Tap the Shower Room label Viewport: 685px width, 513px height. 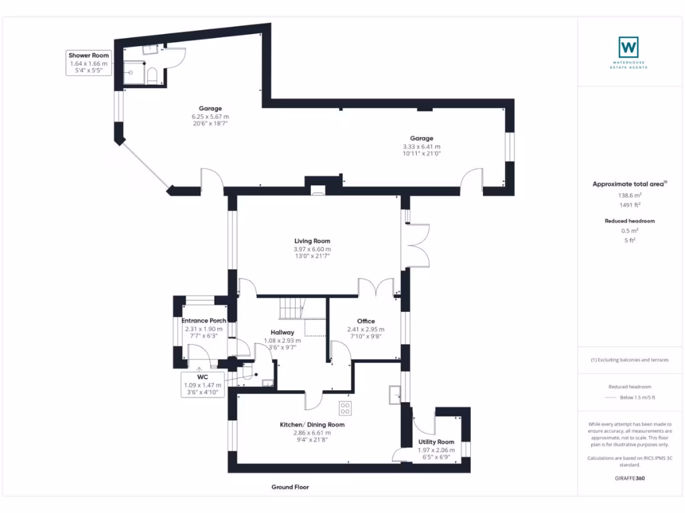pyautogui.click(x=88, y=55)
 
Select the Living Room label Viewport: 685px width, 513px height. pyautogui.click(x=312, y=241)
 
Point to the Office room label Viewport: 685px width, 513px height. pyautogui.click(x=365, y=321)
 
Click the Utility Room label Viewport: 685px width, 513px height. pyautogui.click(x=436, y=442)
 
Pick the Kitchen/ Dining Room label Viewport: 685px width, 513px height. pyautogui.click(x=313, y=425)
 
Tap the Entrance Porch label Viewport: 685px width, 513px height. pyautogui.click(x=204, y=321)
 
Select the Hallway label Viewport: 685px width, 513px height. pyautogui.click(x=282, y=332)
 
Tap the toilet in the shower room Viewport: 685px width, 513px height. pyautogui.click(x=151, y=75)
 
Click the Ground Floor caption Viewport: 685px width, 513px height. pyautogui.click(x=290, y=488)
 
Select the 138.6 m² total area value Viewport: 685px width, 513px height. pyautogui.click(x=629, y=195)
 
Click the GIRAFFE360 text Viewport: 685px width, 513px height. pyautogui.click(x=629, y=478)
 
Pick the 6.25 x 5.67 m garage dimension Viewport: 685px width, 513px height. pyautogui.click(x=210, y=116)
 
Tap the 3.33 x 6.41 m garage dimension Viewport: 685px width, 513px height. pyautogui.click(x=421, y=146)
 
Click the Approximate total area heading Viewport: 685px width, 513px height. pyautogui.click(x=627, y=184)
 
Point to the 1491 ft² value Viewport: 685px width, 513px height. pyautogui.click(x=629, y=205)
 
